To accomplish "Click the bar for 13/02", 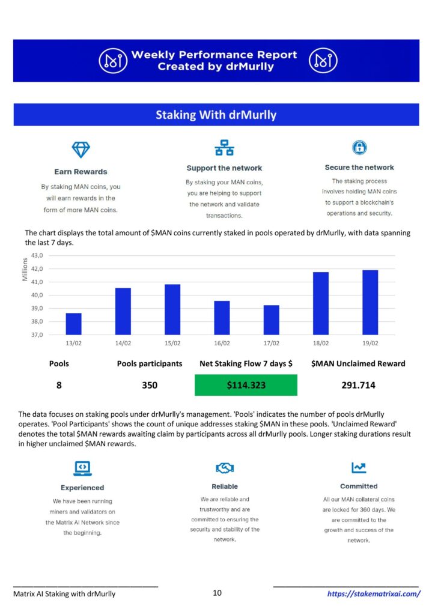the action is click(73, 324).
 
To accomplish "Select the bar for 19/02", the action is click(370, 303).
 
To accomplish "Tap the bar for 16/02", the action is click(222, 318).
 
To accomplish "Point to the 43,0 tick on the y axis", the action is click(37, 255).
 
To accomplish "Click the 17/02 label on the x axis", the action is click(271, 343).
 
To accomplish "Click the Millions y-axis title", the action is click(25, 270).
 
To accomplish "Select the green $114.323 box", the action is click(246, 385).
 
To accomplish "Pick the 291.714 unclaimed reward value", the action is click(358, 385).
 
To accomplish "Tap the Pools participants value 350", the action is click(150, 385).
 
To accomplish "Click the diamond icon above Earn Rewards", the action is click(81, 150).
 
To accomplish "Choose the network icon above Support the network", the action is click(224, 148).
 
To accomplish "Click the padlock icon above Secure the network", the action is click(359, 147).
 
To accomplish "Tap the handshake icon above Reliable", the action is click(225, 467).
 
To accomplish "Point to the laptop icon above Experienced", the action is click(82, 468).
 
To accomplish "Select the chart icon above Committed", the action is click(359, 467).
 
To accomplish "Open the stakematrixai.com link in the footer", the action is click(374, 594).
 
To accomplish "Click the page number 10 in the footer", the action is click(217, 593).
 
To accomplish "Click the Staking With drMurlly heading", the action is click(216, 115).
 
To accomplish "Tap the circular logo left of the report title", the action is click(113, 61).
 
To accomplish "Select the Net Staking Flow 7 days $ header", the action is click(246, 363).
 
